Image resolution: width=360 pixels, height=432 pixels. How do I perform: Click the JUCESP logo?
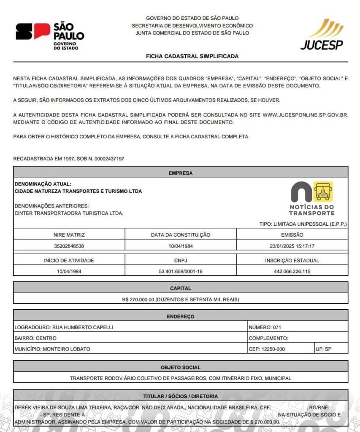click(322, 35)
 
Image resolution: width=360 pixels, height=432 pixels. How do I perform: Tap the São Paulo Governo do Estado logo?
click(50, 35)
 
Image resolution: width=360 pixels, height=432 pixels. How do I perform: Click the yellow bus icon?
click(323, 191)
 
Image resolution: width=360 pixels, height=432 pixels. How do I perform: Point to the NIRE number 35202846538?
click(69, 246)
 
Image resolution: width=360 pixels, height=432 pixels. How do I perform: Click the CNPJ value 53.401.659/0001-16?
click(181, 271)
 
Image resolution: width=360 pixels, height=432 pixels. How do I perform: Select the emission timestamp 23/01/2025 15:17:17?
click(292, 246)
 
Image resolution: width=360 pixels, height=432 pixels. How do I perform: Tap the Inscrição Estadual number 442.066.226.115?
click(292, 271)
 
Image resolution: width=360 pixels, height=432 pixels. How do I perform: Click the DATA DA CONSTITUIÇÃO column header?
click(181, 235)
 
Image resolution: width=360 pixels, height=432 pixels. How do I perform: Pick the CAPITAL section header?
click(181, 288)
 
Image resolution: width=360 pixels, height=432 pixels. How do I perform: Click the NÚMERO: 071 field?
click(265, 327)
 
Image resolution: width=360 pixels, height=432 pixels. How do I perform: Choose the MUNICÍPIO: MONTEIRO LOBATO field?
click(52, 349)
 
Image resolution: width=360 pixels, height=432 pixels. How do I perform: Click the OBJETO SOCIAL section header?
click(181, 367)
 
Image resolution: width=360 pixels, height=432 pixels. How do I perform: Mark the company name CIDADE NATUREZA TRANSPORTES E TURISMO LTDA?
click(78, 191)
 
